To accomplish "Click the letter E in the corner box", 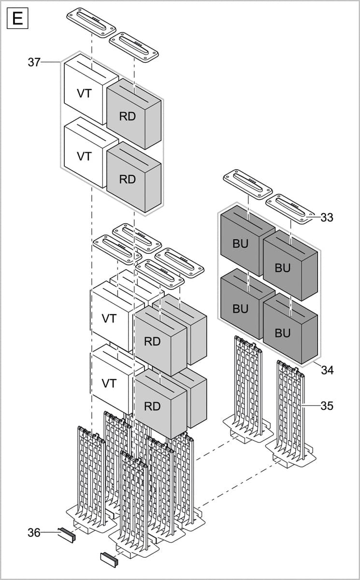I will click(17, 19).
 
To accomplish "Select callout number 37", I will click(34, 62).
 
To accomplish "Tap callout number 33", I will click(327, 217).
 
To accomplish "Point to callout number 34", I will click(327, 371).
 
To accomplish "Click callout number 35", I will click(327, 406).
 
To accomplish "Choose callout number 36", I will click(34, 533).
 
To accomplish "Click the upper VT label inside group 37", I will click(85, 93).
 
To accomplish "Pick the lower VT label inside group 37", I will click(85, 156).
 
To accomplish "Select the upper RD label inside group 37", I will click(128, 116).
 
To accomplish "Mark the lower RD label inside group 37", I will click(128, 179).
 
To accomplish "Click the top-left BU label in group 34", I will click(240, 244).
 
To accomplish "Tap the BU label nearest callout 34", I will click(283, 333).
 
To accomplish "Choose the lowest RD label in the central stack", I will click(152, 406).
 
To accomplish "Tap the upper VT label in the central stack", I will click(109, 319).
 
